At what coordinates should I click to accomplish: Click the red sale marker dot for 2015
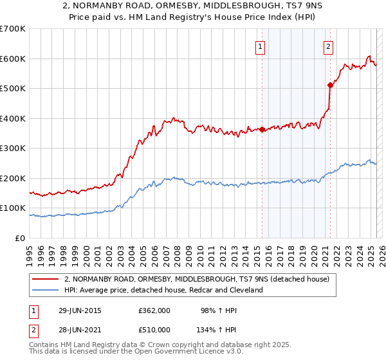262,129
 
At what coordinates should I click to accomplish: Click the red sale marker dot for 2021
331,84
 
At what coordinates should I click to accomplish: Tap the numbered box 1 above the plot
260,46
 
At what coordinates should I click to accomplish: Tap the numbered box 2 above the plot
328,46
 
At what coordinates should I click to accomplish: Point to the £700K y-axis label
12,29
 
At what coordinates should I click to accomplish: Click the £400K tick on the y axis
12,118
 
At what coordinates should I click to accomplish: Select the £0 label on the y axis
19,238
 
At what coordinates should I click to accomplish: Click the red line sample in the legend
45,279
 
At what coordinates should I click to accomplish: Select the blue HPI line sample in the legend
45,290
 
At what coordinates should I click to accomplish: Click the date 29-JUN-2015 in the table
79,310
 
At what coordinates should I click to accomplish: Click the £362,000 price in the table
154,310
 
